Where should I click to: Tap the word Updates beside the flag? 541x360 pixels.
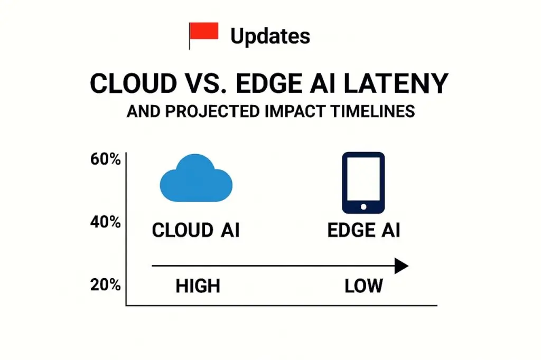(270, 36)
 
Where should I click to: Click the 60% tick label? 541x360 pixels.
(106, 159)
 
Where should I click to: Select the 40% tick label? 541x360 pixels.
(106, 222)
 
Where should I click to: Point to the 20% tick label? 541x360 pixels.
(106, 285)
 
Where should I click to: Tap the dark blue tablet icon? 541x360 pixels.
(363, 183)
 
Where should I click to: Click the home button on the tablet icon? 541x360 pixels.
(363, 205)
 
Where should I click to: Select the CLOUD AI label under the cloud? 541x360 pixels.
(196, 231)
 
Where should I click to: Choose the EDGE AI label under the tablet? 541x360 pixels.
(363, 231)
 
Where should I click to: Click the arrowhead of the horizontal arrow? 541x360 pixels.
(402, 266)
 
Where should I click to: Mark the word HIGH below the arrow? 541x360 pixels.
(198, 286)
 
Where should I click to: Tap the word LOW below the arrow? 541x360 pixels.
(363, 286)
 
